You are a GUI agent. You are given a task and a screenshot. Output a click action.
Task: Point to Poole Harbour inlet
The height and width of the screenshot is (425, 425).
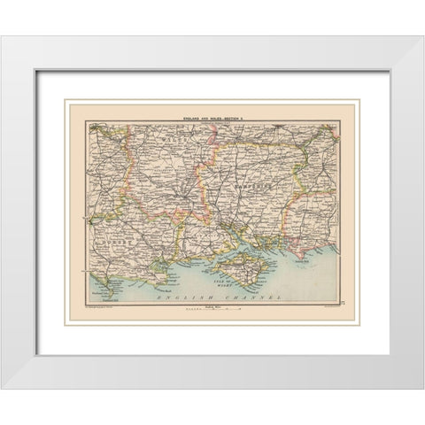tap(162, 258)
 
